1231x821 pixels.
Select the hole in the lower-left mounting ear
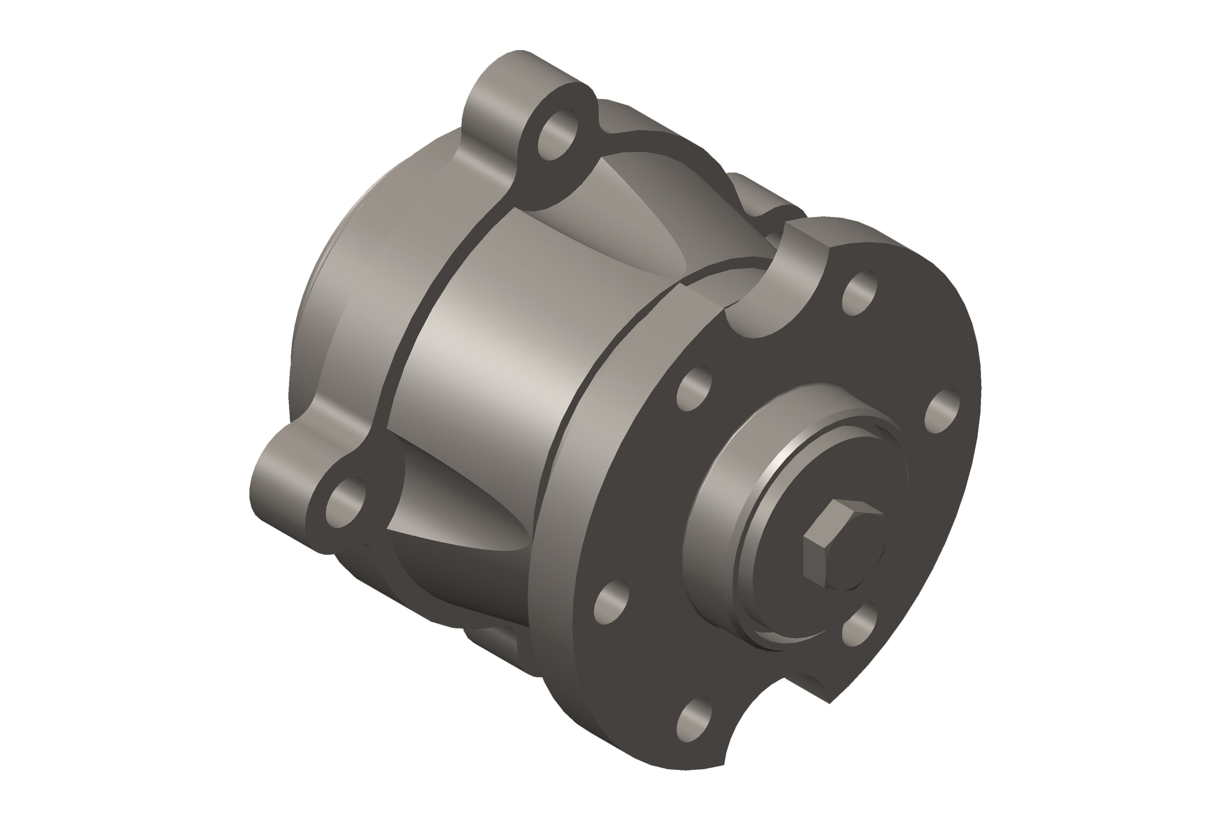(345, 502)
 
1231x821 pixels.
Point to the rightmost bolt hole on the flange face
(942, 411)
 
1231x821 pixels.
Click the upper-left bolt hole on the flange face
(694, 389)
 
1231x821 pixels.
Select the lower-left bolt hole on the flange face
(611, 602)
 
